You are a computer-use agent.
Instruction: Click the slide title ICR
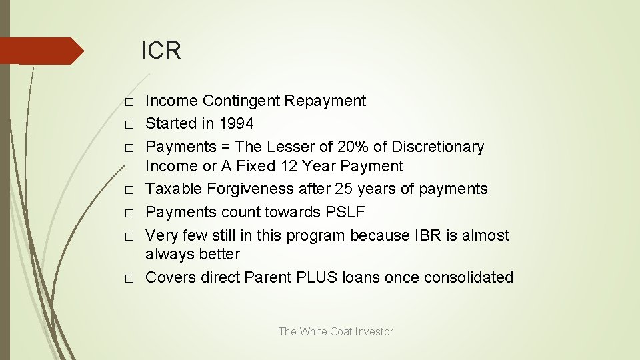[161, 51]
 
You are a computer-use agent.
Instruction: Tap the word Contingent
[241, 101]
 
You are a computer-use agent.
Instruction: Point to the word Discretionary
[437, 146]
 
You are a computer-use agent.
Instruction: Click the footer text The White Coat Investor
[335, 331]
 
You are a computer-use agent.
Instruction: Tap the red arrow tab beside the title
[41, 51]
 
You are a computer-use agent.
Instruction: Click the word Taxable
[173, 189]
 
